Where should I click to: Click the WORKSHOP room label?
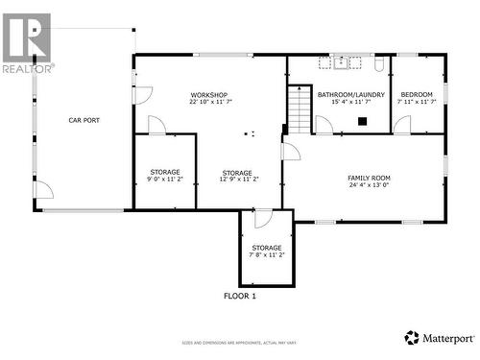[208, 94]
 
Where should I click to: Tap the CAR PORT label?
[84, 120]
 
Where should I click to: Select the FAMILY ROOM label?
[369, 178]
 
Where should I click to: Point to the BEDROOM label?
[417, 94]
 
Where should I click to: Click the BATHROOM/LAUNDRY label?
[351, 94]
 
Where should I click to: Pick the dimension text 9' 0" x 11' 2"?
[164, 179]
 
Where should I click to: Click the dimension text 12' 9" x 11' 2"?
[236, 179]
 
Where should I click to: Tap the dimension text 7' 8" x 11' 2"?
[267, 254]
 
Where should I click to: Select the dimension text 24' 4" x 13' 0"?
[369, 185]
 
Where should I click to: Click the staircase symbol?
[300, 109]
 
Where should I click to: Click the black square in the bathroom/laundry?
[362, 121]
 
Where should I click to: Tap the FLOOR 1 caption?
[240, 297]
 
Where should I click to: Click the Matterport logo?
[439, 337]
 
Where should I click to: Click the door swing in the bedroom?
[401, 125]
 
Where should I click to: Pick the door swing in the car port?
[43, 189]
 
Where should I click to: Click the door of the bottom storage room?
[263, 218]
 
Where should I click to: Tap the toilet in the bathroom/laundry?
[380, 63]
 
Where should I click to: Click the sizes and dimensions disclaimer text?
[240, 343]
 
